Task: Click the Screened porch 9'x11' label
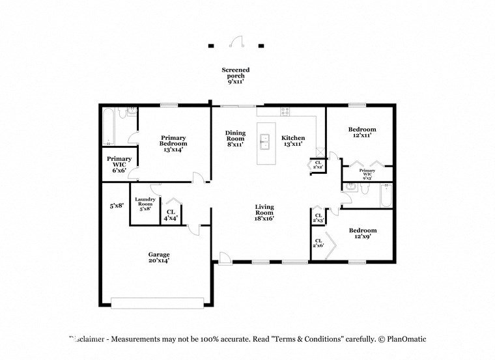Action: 235,76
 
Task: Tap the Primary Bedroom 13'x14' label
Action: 173,143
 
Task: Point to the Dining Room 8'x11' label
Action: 235,139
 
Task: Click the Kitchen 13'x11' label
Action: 293,141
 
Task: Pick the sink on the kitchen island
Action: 265,139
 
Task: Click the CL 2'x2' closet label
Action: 317,165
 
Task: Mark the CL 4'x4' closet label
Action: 171,215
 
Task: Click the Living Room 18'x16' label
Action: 264,212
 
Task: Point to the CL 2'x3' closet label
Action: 318,218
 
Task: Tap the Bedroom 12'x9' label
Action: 362,234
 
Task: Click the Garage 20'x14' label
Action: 158,257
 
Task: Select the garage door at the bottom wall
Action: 157,302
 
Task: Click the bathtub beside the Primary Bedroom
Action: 108,127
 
